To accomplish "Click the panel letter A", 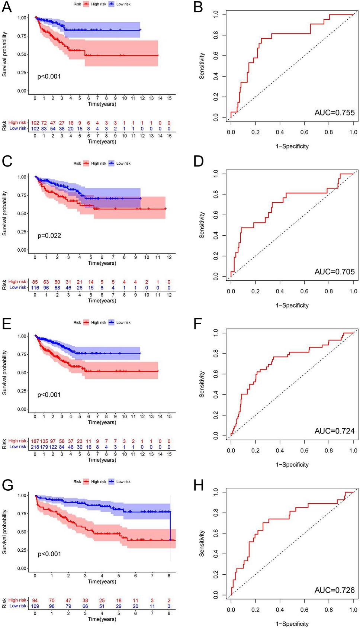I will [x=7, y=7].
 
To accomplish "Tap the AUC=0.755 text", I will [x=334, y=113].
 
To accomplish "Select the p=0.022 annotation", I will [x=49, y=236].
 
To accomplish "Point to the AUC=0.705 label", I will [x=334, y=272].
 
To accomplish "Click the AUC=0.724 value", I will [x=334, y=431].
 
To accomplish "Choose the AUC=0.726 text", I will [x=334, y=590].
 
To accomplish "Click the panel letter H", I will [x=199, y=485].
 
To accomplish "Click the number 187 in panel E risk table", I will [x=35, y=441].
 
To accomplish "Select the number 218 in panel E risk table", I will [x=35, y=447].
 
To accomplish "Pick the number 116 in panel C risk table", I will [x=35, y=288].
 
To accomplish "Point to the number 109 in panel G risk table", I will [x=35, y=606].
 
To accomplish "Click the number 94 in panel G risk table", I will [x=35, y=600].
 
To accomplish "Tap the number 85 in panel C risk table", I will [x=35, y=282].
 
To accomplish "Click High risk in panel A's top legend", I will [x=99, y=4].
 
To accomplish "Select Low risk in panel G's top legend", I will [x=123, y=482].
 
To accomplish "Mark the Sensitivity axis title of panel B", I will [x=202, y=66].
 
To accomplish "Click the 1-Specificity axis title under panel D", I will [x=292, y=306].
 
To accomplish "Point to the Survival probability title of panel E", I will [x=5, y=372].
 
